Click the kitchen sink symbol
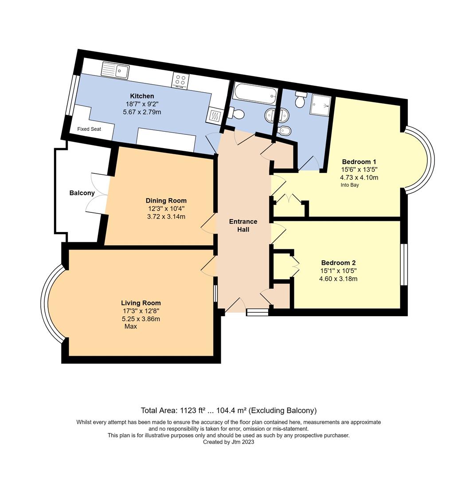(115, 71)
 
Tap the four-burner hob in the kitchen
(180, 80)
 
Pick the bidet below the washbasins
(282, 130)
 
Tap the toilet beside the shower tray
(301, 99)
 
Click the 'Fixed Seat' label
(89, 129)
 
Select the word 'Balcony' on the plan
(82, 193)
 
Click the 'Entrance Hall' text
(243, 225)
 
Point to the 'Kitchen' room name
(142, 96)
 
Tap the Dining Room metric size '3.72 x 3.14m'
(166, 216)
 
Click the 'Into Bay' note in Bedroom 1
(350, 185)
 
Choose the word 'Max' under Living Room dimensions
(131, 326)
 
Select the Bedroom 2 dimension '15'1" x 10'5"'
(338, 271)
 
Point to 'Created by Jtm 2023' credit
(228, 442)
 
